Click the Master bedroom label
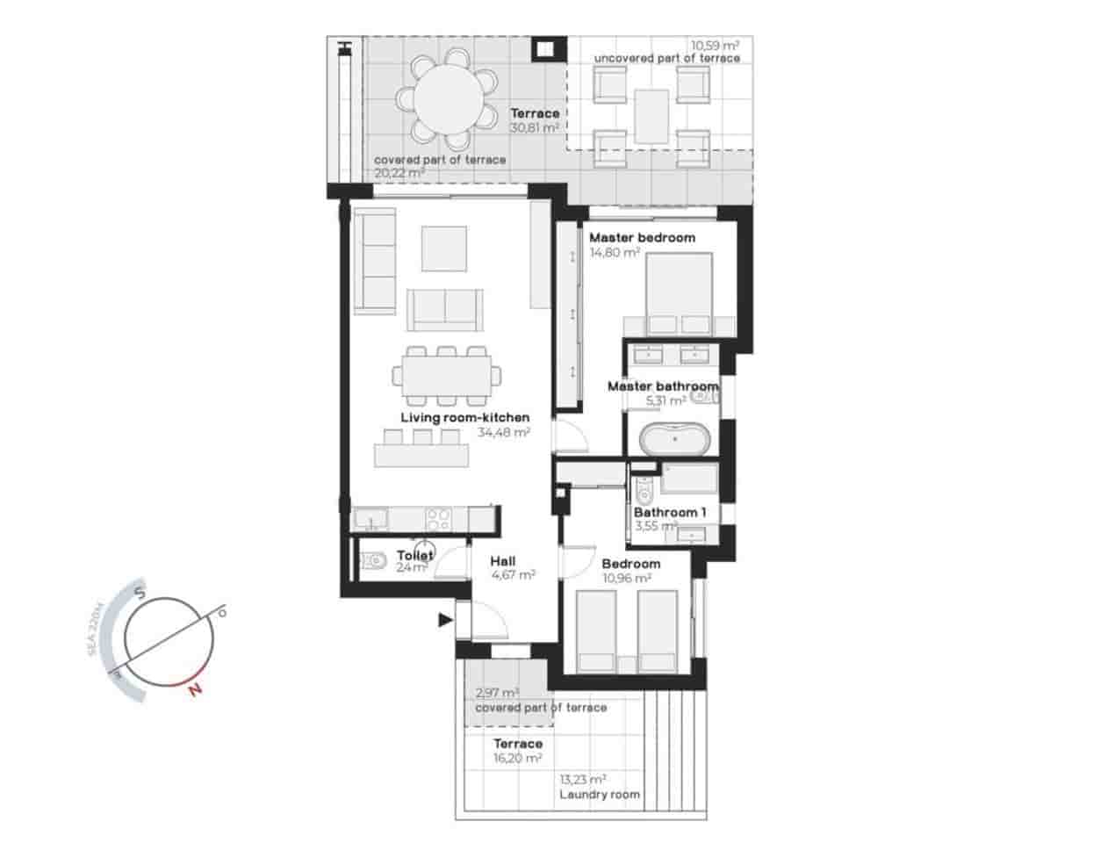(x=642, y=237)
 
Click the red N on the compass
(x=195, y=690)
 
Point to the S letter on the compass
(x=140, y=594)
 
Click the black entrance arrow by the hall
(x=445, y=621)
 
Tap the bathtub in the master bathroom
(x=673, y=439)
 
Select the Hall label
(x=503, y=561)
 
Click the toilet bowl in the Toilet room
(x=374, y=559)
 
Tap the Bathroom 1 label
(x=670, y=512)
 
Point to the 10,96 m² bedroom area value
(x=626, y=578)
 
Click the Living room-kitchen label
(x=465, y=417)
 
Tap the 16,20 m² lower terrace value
(x=518, y=758)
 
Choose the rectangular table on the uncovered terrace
(x=652, y=115)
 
